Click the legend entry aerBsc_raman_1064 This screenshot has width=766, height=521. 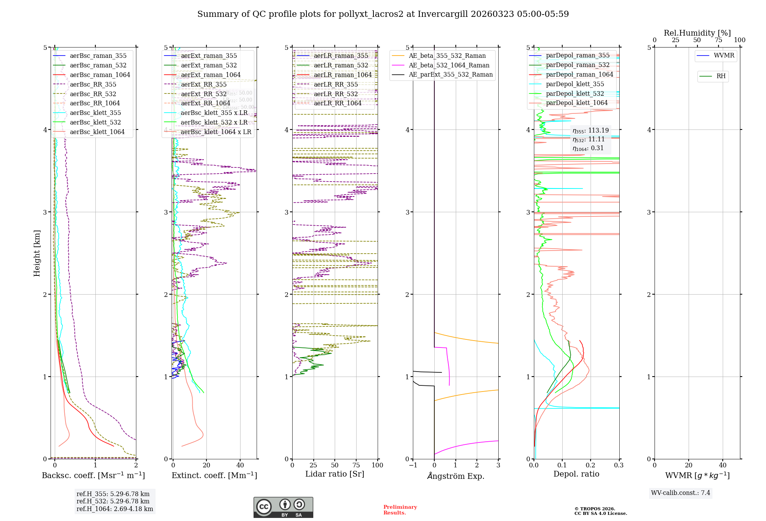pyautogui.click(x=100, y=75)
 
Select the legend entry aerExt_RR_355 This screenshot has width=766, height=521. pyautogui.click(x=204, y=85)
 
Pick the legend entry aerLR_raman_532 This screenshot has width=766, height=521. pyautogui.click(x=341, y=66)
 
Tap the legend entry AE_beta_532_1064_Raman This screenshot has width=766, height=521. pyautogui.click(x=449, y=66)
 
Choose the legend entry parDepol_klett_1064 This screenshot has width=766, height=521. pyautogui.click(x=577, y=103)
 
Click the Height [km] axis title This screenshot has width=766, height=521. pyautogui.click(x=37, y=253)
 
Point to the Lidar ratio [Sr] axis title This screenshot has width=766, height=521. pyautogui.click(x=335, y=474)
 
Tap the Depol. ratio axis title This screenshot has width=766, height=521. pyautogui.click(x=576, y=474)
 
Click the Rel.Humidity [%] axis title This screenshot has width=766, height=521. pyautogui.click(x=697, y=33)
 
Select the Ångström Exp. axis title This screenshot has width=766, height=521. pyautogui.click(x=456, y=476)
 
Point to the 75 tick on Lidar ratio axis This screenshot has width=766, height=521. pyautogui.click(x=356, y=465)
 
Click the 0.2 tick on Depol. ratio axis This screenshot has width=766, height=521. pyautogui.click(x=591, y=465)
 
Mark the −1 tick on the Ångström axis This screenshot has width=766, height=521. pyautogui.click(x=413, y=465)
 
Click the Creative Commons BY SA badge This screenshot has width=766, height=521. pyautogui.click(x=283, y=507)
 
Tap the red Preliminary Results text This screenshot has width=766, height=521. pyautogui.click(x=400, y=510)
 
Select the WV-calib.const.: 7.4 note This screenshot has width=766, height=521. pyautogui.click(x=681, y=493)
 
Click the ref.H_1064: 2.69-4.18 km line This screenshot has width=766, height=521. pyautogui.click(x=115, y=509)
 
